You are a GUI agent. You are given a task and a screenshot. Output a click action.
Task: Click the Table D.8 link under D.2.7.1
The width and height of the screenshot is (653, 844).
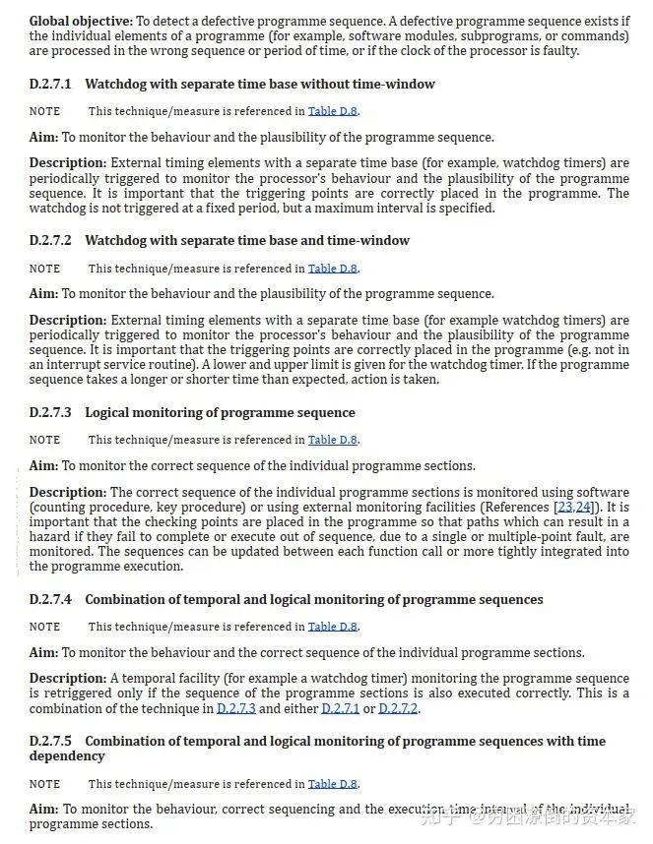pyautogui.click(x=332, y=112)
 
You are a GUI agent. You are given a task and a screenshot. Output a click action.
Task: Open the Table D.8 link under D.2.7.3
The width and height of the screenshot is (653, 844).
pyautogui.click(x=332, y=441)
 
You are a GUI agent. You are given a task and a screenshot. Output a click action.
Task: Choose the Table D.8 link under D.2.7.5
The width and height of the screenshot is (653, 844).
pyautogui.click(x=332, y=785)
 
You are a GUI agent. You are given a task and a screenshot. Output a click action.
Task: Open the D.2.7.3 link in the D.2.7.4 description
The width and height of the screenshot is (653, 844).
pyautogui.click(x=235, y=709)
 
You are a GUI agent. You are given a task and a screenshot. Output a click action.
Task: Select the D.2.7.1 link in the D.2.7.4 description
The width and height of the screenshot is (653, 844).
pyautogui.click(x=341, y=709)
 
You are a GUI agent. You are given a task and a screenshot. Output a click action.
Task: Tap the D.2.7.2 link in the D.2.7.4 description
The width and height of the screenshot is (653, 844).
pyautogui.click(x=398, y=709)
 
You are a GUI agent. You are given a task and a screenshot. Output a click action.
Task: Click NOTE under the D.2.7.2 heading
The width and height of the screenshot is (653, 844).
pyautogui.click(x=44, y=269)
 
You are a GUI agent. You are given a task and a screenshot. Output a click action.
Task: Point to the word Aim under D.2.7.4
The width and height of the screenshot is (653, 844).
pyautogui.click(x=43, y=653)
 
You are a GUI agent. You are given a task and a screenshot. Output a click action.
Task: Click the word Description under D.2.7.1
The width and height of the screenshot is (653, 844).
pyautogui.click(x=68, y=163)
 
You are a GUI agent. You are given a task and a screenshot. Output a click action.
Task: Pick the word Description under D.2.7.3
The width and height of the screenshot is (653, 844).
pyautogui.click(x=68, y=493)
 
